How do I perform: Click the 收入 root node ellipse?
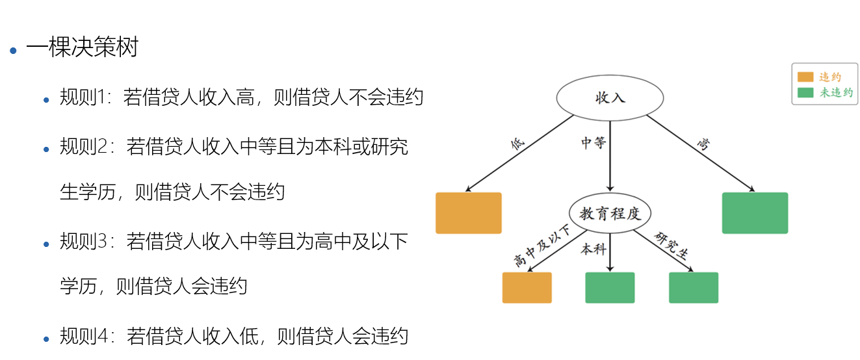click(x=610, y=98)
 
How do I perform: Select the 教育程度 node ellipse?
click(x=610, y=213)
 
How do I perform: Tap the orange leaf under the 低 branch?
click(x=469, y=212)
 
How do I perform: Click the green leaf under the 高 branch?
click(x=755, y=212)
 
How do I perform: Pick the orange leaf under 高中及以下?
click(x=527, y=287)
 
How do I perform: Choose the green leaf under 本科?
click(x=610, y=287)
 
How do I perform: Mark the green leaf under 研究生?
click(x=694, y=287)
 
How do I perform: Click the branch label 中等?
click(x=593, y=142)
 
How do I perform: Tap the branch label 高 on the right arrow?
click(x=703, y=144)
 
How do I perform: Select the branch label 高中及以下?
click(x=541, y=246)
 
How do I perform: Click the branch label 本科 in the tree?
click(x=593, y=249)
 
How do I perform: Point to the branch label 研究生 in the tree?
click(x=671, y=245)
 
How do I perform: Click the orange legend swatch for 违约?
click(x=805, y=77)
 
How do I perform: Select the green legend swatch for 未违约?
click(x=805, y=92)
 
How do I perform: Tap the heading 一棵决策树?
click(x=82, y=47)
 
